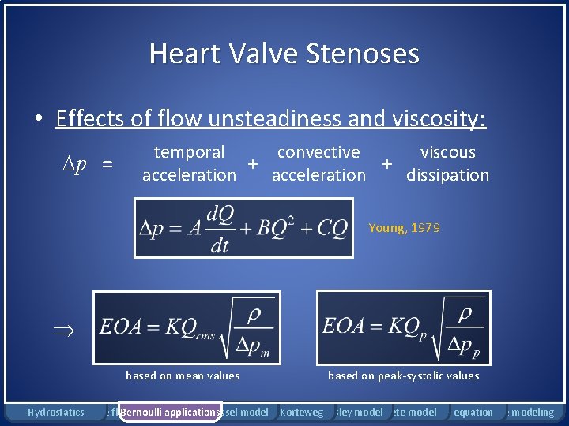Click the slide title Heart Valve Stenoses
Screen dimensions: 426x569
[x=284, y=54]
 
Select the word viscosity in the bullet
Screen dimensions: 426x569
[x=439, y=118]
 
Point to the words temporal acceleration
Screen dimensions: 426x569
[x=189, y=163]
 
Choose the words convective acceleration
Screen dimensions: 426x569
[x=318, y=163]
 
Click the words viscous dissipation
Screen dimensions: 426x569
[x=447, y=163]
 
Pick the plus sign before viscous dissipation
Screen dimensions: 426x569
[x=387, y=163]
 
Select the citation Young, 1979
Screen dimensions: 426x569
[x=404, y=228]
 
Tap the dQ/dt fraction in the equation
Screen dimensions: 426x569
[x=219, y=229]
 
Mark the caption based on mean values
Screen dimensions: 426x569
[x=183, y=376]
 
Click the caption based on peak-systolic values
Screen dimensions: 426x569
[x=403, y=376]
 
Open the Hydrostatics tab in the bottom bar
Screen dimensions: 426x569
[x=55, y=412]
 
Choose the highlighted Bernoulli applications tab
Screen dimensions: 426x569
[x=169, y=412]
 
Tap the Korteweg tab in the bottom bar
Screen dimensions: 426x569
[x=301, y=412]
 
